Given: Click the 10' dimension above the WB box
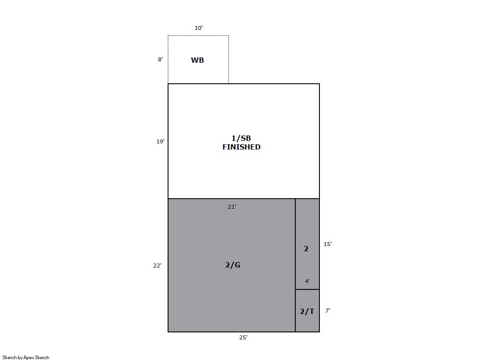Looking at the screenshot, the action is click(198, 28).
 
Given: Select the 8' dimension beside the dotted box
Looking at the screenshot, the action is click(160, 60).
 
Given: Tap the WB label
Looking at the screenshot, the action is click(197, 60).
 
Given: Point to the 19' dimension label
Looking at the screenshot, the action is click(160, 142).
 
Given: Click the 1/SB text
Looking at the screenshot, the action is click(241, 138).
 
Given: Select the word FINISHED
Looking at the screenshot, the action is click(241, 147).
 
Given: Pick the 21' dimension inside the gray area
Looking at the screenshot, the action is click(232, 207).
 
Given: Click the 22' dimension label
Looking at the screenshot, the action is click(157, 265).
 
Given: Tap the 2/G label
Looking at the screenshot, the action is click(233, 265).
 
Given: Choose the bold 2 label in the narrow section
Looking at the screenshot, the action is click(306, 249).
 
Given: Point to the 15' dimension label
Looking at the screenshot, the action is click(327, 244).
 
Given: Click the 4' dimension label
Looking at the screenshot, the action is click(308, 281).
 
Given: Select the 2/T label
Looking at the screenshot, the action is click(307, 311).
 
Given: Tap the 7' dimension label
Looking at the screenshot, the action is click(327, 310).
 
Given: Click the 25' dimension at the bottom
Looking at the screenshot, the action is click(244, 338).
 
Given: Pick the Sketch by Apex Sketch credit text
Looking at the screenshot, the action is click(26, 357).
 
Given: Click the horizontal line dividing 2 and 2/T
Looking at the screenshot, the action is click(308, 289).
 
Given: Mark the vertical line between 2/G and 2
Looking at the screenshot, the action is click(295, 265).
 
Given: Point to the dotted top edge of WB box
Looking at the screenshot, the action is click(198, 36).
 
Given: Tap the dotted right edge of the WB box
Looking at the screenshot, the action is click(229, 60).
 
